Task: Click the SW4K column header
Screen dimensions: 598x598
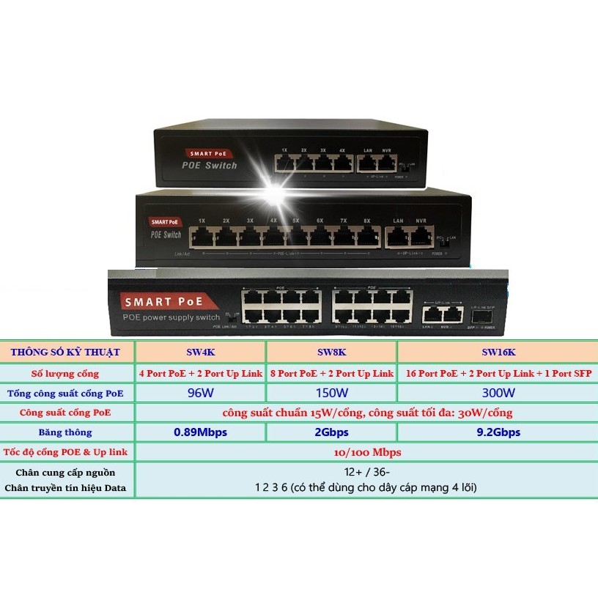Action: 200,352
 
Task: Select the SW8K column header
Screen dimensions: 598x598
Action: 331,352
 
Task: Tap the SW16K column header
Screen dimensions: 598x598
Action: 497,352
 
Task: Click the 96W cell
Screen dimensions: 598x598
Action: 200,392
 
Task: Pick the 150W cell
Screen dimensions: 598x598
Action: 331,392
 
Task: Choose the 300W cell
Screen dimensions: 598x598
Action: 497,392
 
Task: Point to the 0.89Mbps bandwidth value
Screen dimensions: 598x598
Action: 200,432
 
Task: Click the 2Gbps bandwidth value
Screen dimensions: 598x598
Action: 331,432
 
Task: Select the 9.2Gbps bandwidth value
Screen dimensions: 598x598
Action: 497,432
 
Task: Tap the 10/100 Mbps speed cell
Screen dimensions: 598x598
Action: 366,452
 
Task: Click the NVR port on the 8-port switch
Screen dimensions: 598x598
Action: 420,235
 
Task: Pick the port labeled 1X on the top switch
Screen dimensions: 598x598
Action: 284,163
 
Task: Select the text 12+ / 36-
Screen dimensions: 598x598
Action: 366,473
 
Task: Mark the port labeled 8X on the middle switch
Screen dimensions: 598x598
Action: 366,235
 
